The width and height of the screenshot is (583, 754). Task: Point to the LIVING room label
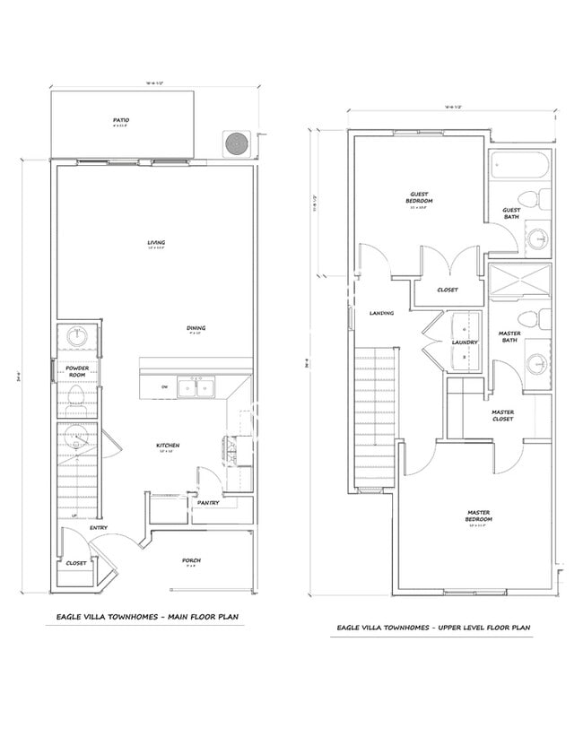(x=156, y=242)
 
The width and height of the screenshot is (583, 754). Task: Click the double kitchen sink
(x=196, y=387)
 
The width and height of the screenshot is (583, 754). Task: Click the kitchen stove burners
(x=230, y=448)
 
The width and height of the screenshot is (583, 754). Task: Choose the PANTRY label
(x=209, y=504)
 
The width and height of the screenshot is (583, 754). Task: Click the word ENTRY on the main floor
(x=99, y=528)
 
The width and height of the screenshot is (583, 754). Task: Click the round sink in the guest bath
(x=536, y=238)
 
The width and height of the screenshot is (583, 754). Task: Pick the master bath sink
(x=536, y=363)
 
